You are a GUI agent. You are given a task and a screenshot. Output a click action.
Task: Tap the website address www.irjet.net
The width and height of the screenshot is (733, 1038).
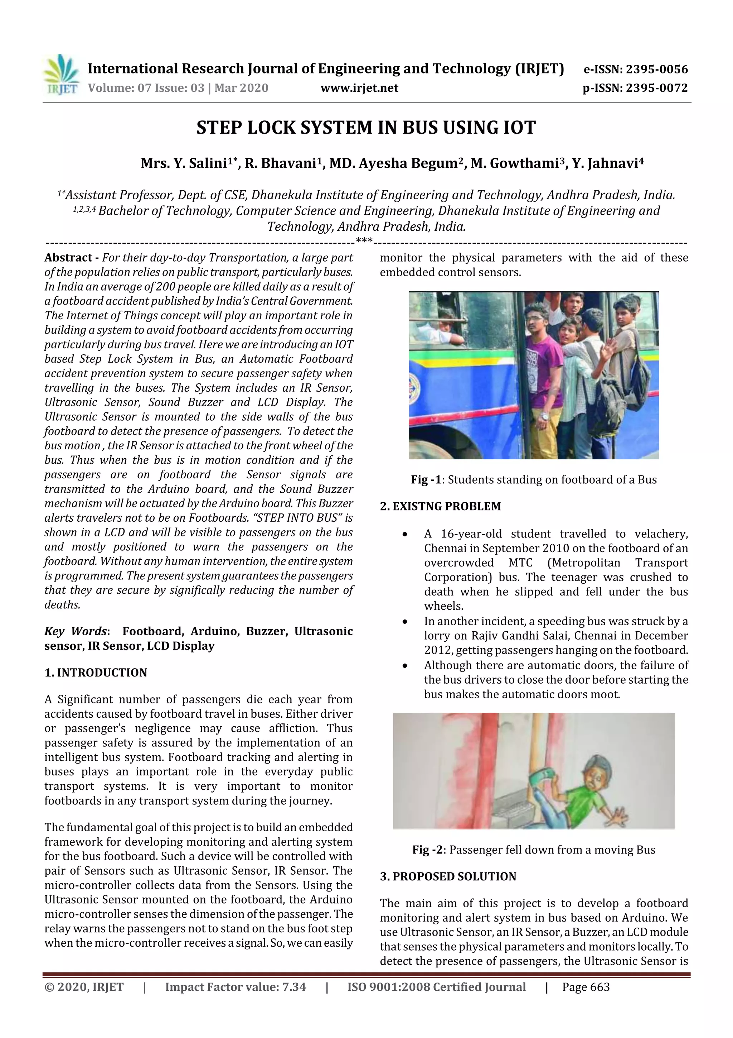click(x=359, y=88)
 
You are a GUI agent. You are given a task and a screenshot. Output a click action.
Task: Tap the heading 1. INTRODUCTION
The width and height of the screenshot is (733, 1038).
click(x=96, y=672)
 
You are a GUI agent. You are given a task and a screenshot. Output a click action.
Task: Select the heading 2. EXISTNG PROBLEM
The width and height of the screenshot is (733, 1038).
click(x=440, y=506)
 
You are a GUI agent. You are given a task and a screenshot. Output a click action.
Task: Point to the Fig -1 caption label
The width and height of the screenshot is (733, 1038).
click(x=426, y=480)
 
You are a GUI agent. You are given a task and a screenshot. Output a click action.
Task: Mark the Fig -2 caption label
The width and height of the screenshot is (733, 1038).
click(x=427, y=850)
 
